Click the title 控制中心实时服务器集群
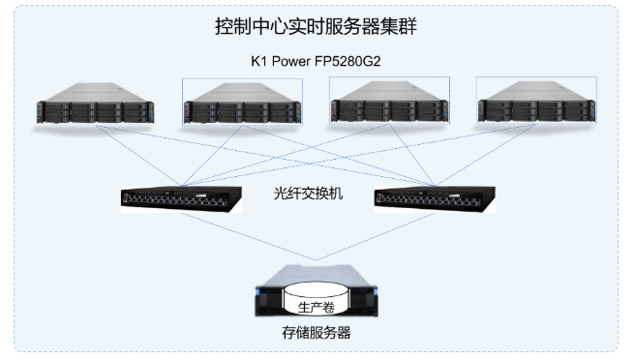316,26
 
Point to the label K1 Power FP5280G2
316,61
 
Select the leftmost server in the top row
95,104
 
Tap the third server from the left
389,102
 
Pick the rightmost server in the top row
536,102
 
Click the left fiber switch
181,199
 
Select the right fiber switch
435,199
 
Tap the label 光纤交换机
308,194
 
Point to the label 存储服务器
317,333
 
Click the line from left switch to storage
249,236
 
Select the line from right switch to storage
376,236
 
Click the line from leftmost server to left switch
138,156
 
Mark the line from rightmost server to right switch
486,155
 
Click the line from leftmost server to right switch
265,156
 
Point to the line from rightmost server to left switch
359,155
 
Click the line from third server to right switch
412,155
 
